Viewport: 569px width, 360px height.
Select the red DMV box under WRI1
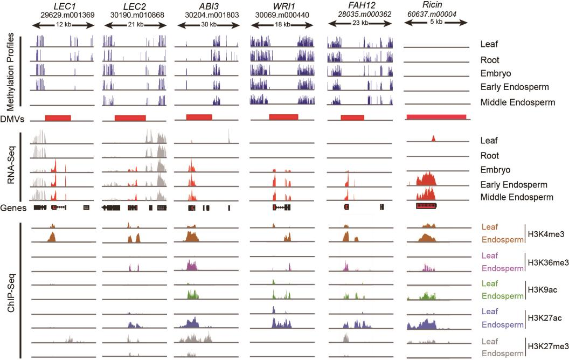(x=283, y=117)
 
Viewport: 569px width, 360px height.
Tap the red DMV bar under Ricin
(x=436, y=117)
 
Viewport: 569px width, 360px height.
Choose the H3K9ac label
(x=540, y=290)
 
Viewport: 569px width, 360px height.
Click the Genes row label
(x=14, y=207)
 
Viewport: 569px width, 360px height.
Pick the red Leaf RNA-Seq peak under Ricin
(x=433, y=139)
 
